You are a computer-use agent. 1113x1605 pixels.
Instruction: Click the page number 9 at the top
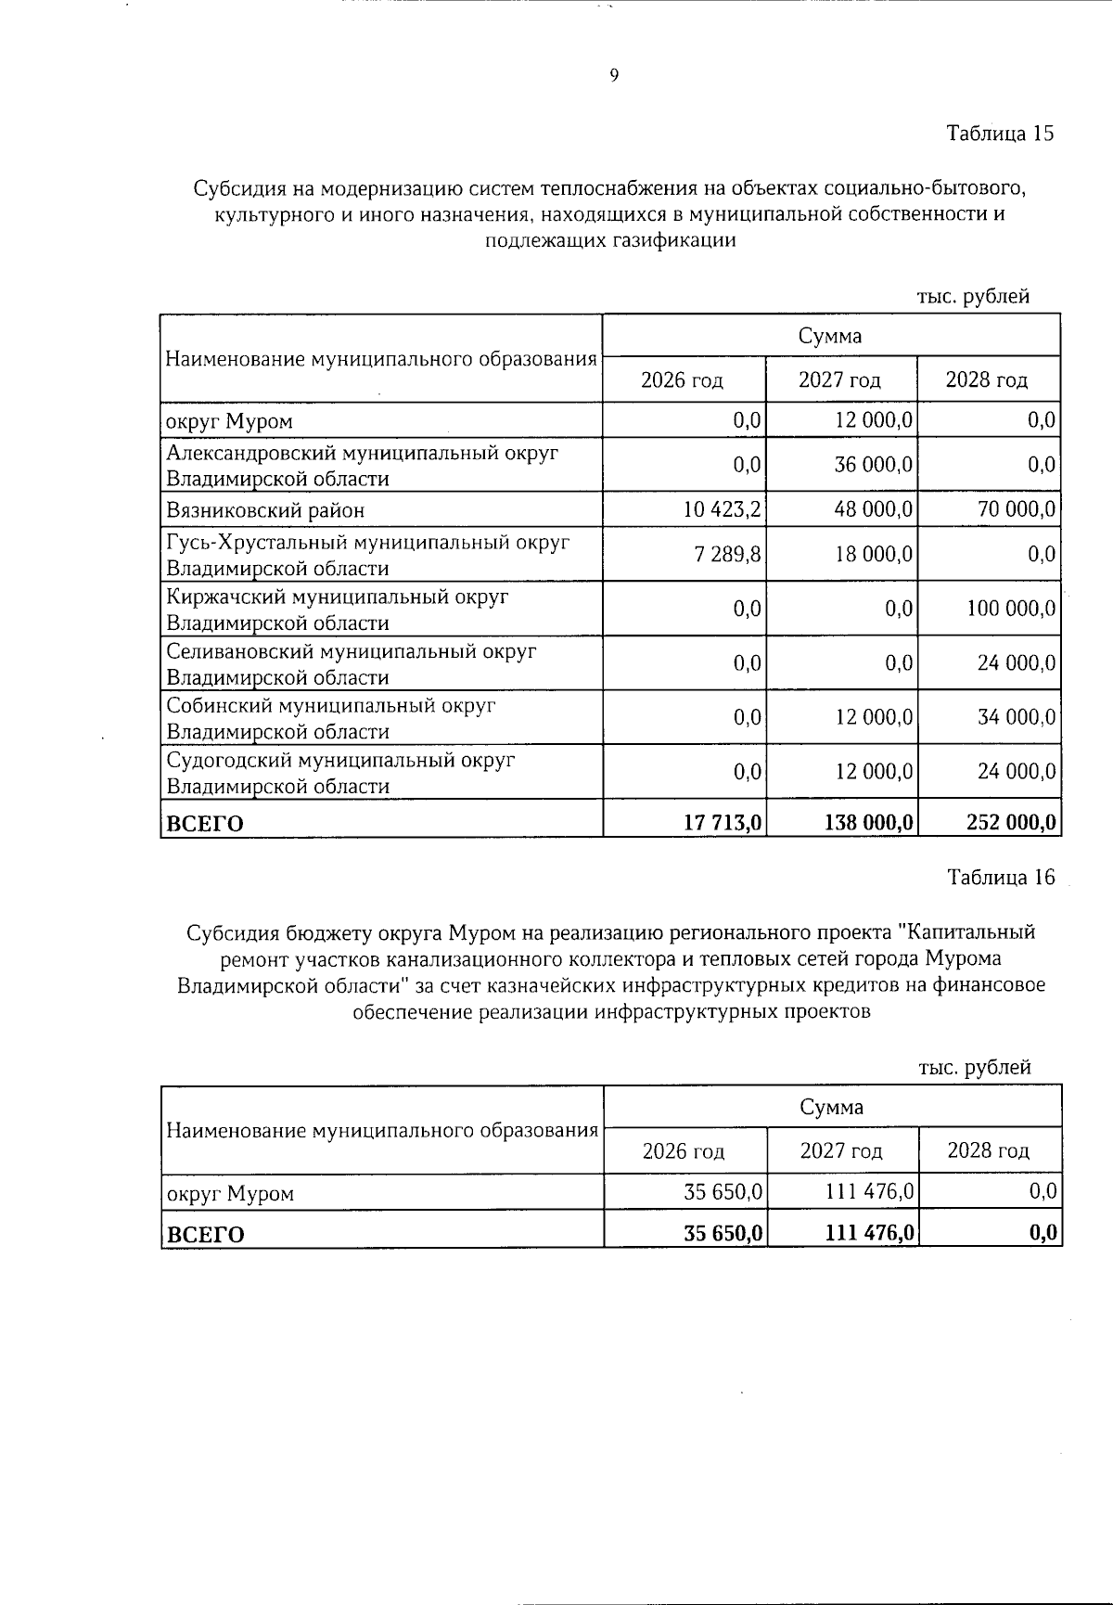click(x=614, y=76)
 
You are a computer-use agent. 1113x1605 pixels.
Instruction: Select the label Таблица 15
click(x=1000, y=133)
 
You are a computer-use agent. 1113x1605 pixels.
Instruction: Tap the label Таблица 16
click(x=1001, y=877)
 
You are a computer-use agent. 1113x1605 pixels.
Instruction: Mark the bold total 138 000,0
click(x=867, y=822)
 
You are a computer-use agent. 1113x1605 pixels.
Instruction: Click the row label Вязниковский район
click(x=265, y=510)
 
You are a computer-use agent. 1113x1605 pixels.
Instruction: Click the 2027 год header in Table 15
click(x=840, y=379)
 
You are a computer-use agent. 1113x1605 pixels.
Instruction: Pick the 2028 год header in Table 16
click(x=988, y=1151)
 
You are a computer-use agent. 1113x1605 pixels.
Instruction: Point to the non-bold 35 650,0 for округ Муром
click(x=723, y=1192)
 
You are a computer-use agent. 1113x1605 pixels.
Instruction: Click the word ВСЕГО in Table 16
click(x=205, y=1235)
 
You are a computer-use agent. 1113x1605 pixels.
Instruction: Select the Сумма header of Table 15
click(x=830, y=336)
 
